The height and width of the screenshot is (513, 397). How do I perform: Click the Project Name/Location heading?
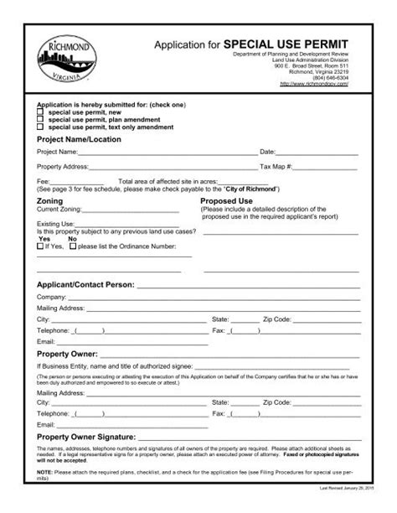(x=78, y=139)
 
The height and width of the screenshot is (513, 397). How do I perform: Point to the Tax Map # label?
(x=276, y=167)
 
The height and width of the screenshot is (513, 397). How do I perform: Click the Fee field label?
(x=43, y=181)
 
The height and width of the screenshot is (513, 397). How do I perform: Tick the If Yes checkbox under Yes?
(x=39, y=246)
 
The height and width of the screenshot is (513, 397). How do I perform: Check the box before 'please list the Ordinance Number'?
(x=72, y=246)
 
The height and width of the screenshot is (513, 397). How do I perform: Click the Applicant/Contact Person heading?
(x=85, y=285)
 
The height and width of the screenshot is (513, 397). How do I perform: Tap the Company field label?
(x=51, y=298)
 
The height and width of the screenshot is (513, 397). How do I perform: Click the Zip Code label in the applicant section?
(x=277, y=319)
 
